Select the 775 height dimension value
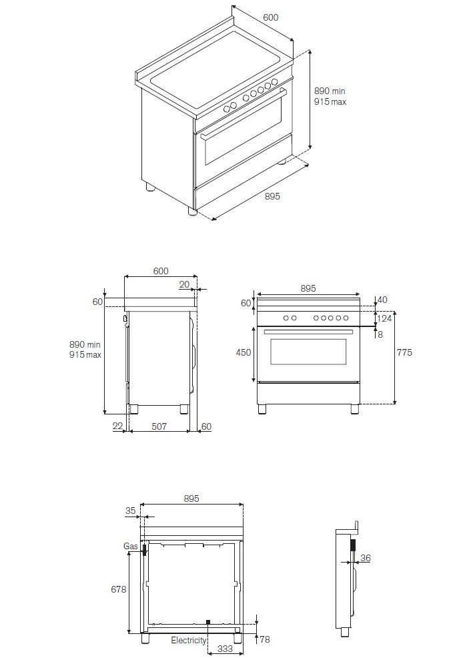click(x=405, y=352)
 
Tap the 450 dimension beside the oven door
click(x=244, y=352)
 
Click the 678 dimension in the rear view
click(x=117, y=589)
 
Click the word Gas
click(x=130, y=547)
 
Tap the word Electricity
click(x=189, y=640)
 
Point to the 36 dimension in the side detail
click(x=365, y=559)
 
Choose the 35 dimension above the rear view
click(x=130, y=511)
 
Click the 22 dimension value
click(x=117, y=426)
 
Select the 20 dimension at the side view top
click(x=184, y=284)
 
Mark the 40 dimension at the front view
click(x=382, y=300)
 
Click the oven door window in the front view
click(x=308, y=352)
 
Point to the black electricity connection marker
click(x=208, y=622)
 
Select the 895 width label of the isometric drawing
click(x=272, y=196)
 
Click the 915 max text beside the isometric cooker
click(x=330, y=102)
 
